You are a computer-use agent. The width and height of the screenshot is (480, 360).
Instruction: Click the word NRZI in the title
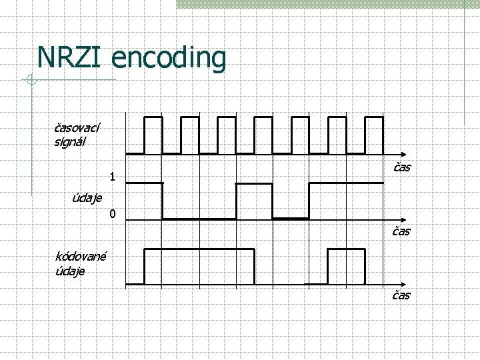71,57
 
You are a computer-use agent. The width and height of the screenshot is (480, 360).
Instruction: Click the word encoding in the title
169,59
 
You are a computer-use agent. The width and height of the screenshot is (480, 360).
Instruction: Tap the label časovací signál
77,133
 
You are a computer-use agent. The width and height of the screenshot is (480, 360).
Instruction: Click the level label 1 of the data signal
113,177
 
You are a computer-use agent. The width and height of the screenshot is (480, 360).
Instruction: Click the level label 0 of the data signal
113,214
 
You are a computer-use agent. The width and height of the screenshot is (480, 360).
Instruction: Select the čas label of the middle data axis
401,231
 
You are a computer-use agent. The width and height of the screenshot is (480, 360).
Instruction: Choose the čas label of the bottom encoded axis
401,295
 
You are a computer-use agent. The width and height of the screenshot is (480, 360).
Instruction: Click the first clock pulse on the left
153,133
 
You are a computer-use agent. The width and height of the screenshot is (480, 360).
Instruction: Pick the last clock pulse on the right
375,133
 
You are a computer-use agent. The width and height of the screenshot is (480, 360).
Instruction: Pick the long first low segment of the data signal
199,219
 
